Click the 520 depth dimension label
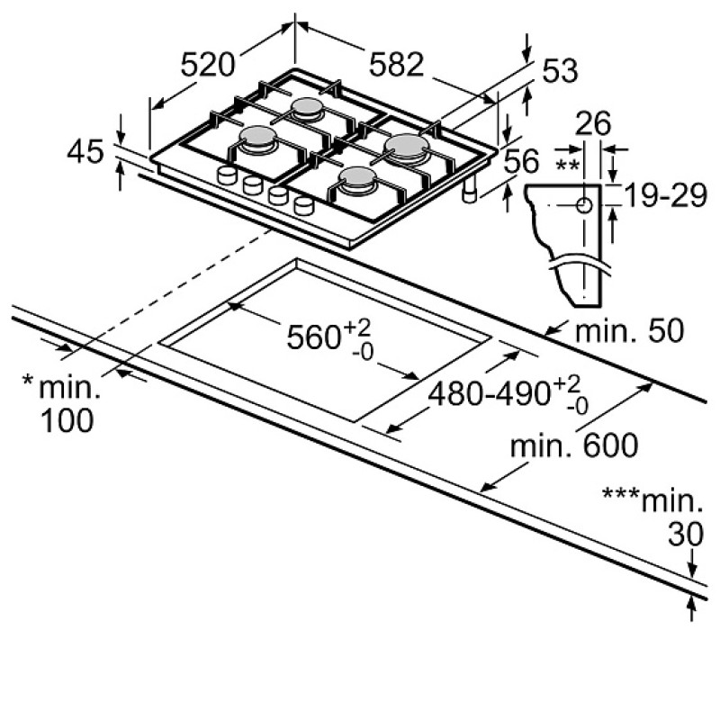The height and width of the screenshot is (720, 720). coord(208,65)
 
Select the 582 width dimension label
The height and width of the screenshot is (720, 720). coord(396,64)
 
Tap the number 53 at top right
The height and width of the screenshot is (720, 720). coord(560,71)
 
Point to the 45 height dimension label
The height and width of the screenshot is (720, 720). coord(85,152)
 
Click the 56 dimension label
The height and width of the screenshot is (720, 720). coord(522,161)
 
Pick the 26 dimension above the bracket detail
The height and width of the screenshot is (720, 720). coord(593,123)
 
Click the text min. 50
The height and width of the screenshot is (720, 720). coord(629,330)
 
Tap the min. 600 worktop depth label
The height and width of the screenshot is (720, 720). coord(574,445)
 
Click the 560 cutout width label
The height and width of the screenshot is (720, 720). coord(328,337)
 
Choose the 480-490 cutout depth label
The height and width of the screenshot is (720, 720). coord(508,394)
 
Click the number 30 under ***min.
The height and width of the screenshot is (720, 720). coord(686,534)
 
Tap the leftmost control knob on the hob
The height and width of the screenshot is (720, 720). coord(227,175)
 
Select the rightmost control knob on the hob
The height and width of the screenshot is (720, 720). coord(303,205)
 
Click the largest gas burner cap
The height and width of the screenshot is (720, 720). coord(407,143)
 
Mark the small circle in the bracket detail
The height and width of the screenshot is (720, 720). coord(584,205)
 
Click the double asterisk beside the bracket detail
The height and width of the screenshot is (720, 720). coord(568,165)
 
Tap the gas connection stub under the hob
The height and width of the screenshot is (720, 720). coord(470,191)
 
